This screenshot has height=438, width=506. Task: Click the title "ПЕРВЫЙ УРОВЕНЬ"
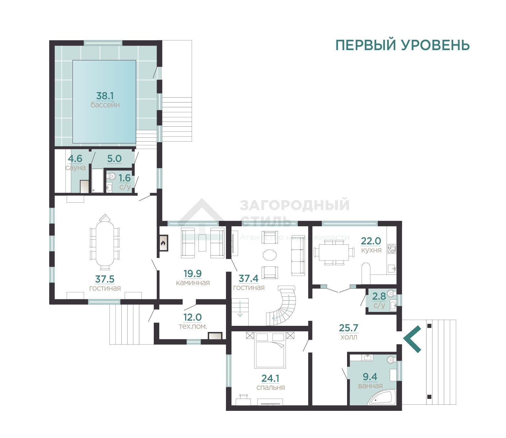pyautogui.click(x=402, y=45)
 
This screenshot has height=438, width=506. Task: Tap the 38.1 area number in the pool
pyautogui.click(x=105, y=96)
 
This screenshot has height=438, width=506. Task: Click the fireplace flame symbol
pyautogui.click(x=163, y=243)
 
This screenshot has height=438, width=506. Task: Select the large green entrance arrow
pyautogui.click(x=412, y=339)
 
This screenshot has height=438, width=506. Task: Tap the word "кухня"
pyautogui.click(x=371, y=250)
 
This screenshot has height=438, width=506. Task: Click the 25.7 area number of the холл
pyautogui.click(x=349, y=327)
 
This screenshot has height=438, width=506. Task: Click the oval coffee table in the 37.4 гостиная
pyautogui.click(x=270, y=255)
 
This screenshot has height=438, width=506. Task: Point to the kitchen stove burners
pyautogui.click(x=391, y=249)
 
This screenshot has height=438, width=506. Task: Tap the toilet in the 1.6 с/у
pyautogui.click(x=112, y=176)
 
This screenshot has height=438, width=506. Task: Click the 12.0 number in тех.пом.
pyautogui.click(x=193, y=317)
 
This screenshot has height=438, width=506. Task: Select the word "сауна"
pyautogui.click(x=75, y=168)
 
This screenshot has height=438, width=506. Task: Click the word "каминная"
pyautogui.click(x=193, y=283)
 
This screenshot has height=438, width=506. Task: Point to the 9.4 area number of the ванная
pyautogui.click(x=370, y=377)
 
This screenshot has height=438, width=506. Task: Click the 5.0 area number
pyautogui.click(x=114, y=159)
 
